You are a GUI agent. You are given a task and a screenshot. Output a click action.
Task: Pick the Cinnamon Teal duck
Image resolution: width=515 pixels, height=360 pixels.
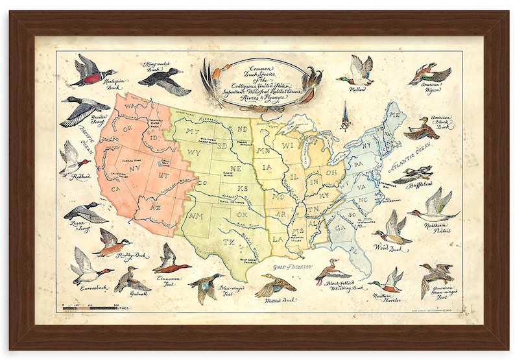click(x=171, y=261)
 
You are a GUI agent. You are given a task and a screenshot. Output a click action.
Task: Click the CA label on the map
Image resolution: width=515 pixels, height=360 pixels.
click(x=117, y=189)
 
